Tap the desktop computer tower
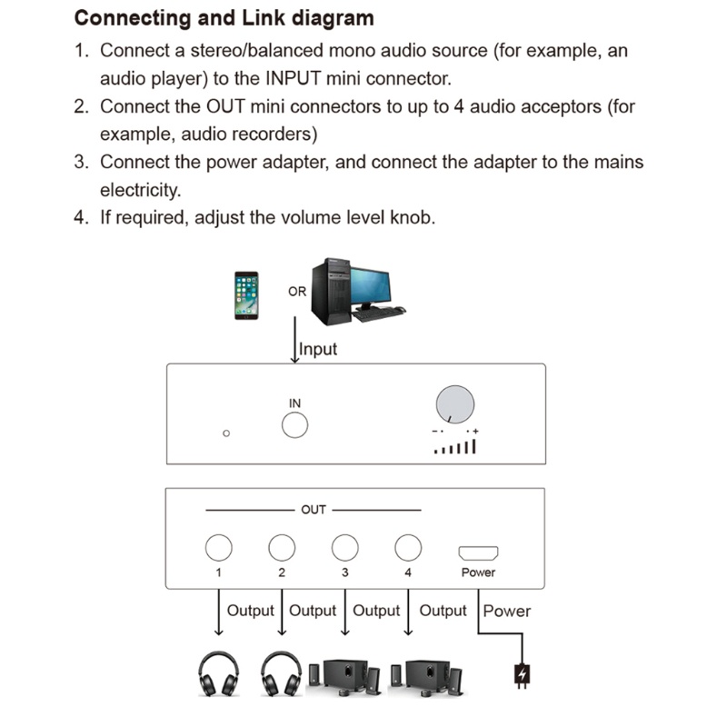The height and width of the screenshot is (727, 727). point(330,291)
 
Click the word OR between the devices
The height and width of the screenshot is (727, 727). point(297,292)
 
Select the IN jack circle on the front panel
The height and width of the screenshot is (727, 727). point(294,425)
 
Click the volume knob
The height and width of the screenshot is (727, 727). point(455,403)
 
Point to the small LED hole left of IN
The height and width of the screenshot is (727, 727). point(226,433)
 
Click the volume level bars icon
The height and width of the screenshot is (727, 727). point(454,446)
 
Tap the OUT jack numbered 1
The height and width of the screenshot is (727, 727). point(218,547)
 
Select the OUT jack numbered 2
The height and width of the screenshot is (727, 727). point(282,547)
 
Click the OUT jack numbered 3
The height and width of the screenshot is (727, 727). point(344,547)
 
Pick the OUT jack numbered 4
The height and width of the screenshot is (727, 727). point(408,547)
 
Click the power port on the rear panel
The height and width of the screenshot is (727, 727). point(478,552)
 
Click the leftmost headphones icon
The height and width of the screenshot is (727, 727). point(218,673)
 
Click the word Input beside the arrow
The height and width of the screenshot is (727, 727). point(318,349)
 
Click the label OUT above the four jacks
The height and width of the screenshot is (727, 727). point(313,510)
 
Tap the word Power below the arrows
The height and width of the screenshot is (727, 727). point(507,611)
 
